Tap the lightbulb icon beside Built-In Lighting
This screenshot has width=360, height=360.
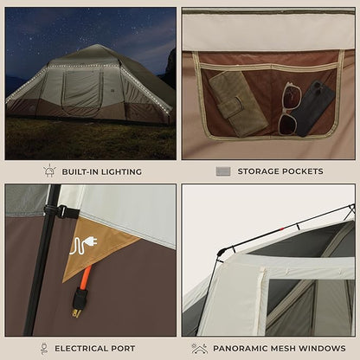49,170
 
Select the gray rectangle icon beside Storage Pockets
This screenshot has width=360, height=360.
223,171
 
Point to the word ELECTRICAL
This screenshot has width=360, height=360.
82,349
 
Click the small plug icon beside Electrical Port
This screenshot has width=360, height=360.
44,349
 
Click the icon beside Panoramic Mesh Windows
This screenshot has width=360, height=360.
199,349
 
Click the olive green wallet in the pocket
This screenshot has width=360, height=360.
239,103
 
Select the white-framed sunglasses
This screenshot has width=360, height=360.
289,108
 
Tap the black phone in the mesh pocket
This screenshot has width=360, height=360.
312,109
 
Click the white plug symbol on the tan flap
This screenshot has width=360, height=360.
83,246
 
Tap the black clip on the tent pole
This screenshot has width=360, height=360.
61,212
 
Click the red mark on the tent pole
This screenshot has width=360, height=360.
281,229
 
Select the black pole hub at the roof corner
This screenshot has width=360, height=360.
222,253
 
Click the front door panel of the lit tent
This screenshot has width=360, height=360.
82,89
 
